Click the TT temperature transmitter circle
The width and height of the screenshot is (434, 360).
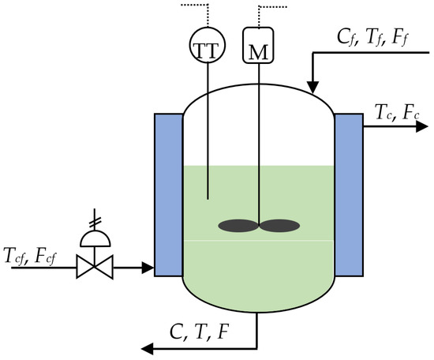(208, 46)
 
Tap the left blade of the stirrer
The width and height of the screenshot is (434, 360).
(236, 226)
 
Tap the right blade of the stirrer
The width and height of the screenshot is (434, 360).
(280, 226)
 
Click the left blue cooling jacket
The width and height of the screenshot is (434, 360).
(168, 194)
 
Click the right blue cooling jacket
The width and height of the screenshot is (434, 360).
(348, 194)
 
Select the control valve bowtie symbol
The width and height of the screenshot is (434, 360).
(95, 269)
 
